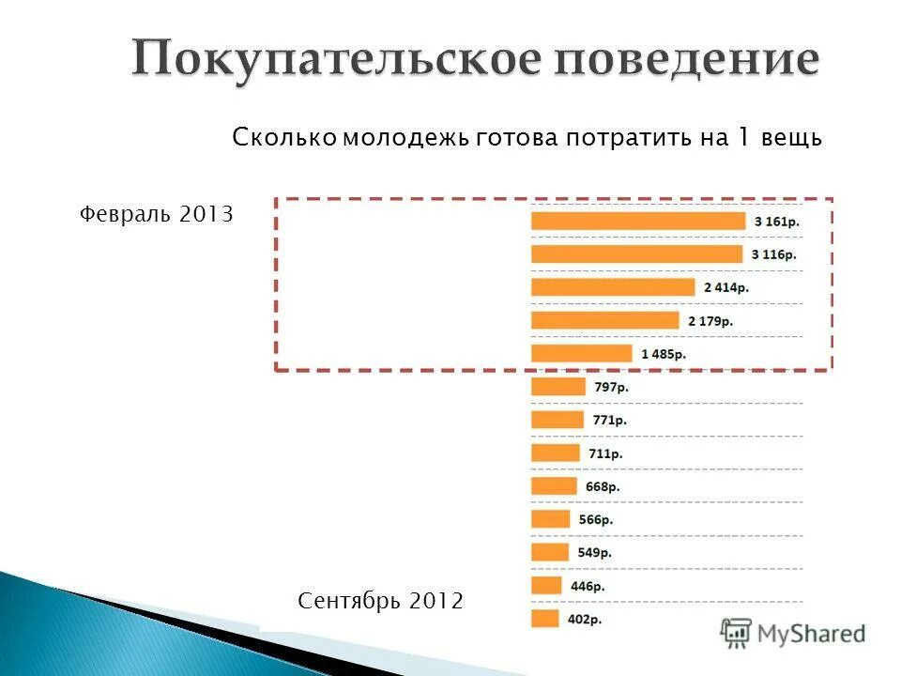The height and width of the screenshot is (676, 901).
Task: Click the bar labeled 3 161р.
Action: tap(638, 221)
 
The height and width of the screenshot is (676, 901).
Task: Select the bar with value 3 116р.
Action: tap(636, 254)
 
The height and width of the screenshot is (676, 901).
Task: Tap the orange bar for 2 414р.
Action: tap(613, 287)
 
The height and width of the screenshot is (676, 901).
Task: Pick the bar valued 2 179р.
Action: tap(604, 320)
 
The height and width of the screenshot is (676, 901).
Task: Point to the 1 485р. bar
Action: tap(582, 354)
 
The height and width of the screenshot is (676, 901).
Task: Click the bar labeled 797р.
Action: tap(557, 387)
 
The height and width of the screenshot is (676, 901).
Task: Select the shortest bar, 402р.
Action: tap(545, 619)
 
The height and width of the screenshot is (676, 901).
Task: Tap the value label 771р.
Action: tap(610, 421)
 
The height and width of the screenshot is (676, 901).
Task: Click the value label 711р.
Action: tap(605, 453)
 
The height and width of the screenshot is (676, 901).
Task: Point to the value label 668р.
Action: tap(603, 486)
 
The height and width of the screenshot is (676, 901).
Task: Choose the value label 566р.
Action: tap(596, 519)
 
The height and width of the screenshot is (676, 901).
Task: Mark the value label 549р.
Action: tap(594, 552)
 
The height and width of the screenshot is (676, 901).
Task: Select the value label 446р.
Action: tap(588, 586)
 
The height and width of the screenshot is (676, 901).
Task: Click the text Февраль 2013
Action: tap(156, 214)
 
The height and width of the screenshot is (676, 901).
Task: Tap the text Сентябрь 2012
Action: tap(380, 600)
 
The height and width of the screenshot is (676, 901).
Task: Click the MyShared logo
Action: tap(793, 634)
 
